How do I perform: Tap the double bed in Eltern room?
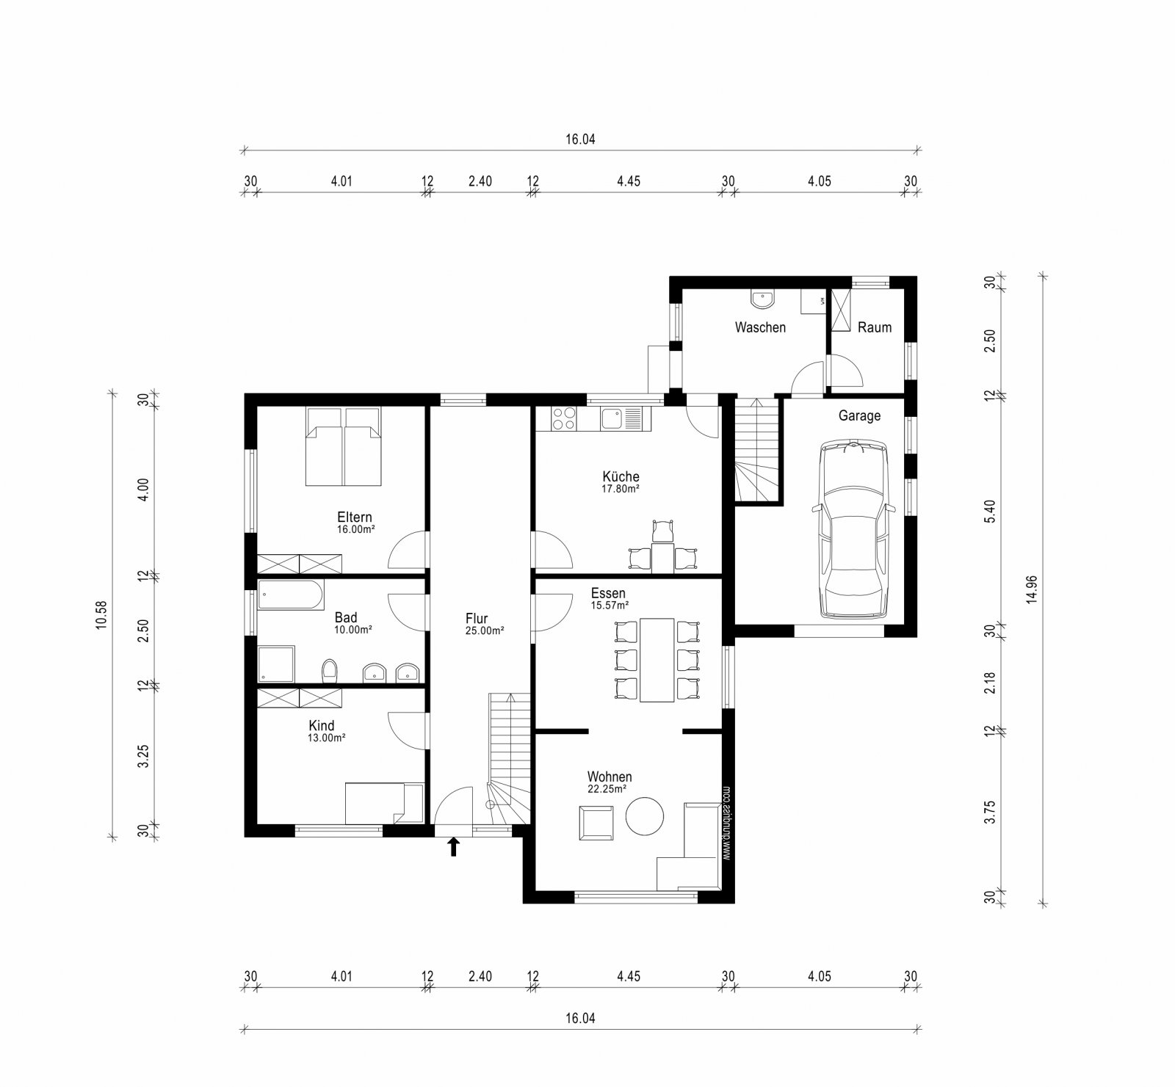click(344, 446)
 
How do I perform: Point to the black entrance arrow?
click(454, 847)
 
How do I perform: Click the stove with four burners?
click(563, 418)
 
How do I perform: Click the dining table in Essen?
click(657, 660)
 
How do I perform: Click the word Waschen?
click(760, 327)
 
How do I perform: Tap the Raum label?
click(874, 327)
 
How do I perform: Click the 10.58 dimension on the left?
click(102, 614)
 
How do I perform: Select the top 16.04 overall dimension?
click(579, 139)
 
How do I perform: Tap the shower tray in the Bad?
click(276, 664)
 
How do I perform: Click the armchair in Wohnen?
click(596, 822)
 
